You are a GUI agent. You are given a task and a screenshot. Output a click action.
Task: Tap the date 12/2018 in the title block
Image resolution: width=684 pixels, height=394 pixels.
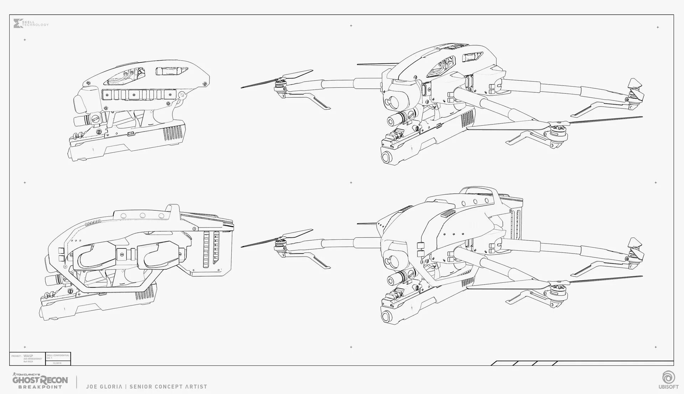57,363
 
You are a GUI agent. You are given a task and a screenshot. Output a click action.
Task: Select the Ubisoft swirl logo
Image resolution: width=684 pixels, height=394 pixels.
667,378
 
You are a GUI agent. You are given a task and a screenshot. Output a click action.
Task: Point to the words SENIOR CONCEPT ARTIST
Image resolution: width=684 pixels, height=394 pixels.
168,387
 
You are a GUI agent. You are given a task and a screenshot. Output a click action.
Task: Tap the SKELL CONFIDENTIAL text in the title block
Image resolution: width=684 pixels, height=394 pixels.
58,355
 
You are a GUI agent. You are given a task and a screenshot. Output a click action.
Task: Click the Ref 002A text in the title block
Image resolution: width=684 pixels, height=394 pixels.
28,362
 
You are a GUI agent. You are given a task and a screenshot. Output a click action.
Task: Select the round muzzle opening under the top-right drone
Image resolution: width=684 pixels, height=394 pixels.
387,157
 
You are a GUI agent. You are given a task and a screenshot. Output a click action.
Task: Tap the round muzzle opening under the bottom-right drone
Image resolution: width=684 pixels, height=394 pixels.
387,316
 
